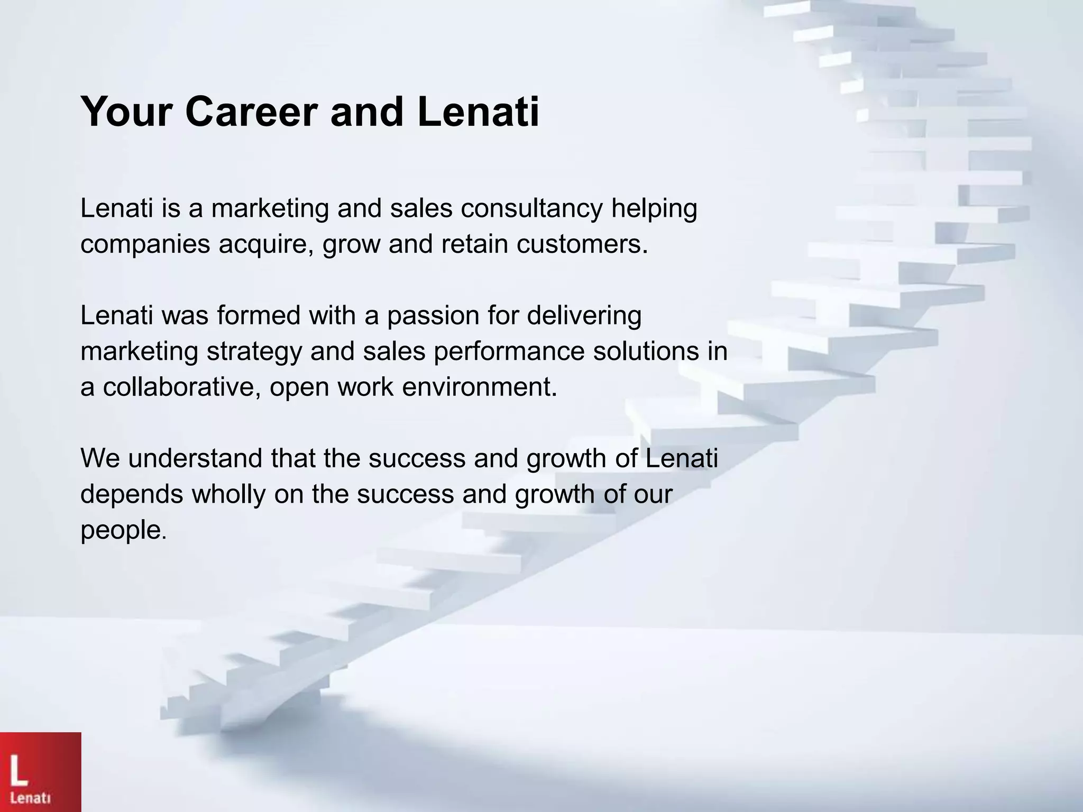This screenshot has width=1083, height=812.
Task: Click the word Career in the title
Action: click(252, 112)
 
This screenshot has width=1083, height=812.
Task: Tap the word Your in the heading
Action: click(127, 112)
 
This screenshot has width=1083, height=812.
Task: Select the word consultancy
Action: click(531, 208)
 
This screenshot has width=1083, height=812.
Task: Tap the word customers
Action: click(582, 244)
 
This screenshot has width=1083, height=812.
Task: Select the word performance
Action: click(509, 352)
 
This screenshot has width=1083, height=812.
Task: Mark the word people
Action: click(123, 531)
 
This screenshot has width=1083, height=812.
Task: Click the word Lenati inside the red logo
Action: click(31, 797)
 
